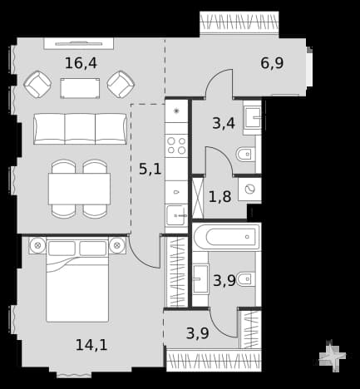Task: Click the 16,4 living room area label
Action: (x=81, y=63)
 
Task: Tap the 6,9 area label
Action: (x=272, y=63)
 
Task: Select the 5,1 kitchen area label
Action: (x=150, y=169)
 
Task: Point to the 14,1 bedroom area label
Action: (x=91, y=345)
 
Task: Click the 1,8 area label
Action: (x=219, y=197)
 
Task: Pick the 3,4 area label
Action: (x=224, y=123)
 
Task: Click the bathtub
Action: (x=227, y=237)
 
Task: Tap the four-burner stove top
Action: (x=176, y=145)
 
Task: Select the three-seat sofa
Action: (x=80, y=129)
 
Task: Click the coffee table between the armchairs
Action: (x=80, y=88)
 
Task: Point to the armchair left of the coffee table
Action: (x=37, y=84)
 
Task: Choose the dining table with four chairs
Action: (x=79, y=189)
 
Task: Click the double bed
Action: (x=77, y=280)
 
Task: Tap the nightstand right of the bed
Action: (x=117, y=245)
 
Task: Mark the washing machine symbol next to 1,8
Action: (x=249, y=190)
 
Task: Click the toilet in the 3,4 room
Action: (x=245, y=154)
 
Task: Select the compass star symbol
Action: (x=333, y=356)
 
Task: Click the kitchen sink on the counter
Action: (x=176, y=215)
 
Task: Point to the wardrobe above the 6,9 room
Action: (x=239, y=22)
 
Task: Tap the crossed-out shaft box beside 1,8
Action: (x=198, y=198)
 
